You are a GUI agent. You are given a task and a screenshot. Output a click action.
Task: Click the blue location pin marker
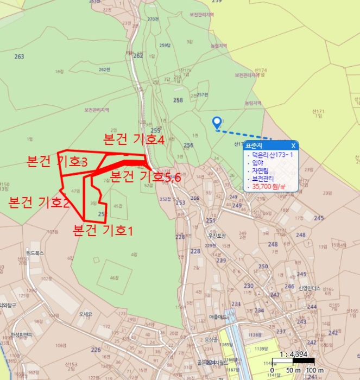217,123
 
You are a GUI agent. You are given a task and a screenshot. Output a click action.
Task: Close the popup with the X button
293,145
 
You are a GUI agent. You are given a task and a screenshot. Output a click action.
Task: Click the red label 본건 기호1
103,230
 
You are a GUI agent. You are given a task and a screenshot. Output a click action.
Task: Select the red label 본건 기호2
39,202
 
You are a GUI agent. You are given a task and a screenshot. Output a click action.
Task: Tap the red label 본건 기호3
57,162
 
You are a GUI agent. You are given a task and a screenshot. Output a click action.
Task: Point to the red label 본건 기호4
134,140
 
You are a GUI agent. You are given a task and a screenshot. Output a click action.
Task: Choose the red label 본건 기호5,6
146,176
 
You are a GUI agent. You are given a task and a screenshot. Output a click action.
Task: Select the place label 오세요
85,314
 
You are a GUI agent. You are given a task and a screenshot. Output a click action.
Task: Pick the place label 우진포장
216,236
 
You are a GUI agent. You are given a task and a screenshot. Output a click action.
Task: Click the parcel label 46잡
113,277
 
